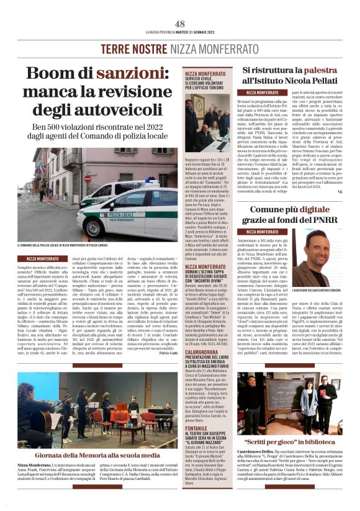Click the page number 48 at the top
180,23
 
